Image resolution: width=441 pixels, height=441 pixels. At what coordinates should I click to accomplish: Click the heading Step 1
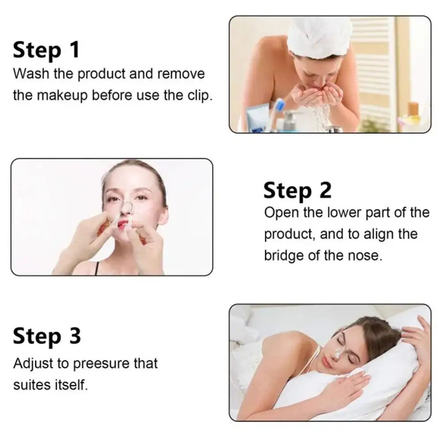click(46, 50)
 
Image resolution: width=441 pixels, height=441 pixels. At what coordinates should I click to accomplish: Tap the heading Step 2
click(297, 191)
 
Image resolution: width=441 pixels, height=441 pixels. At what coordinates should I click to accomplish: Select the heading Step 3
click(47, 336)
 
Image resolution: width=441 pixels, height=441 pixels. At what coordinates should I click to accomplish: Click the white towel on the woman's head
click(319, 37)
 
